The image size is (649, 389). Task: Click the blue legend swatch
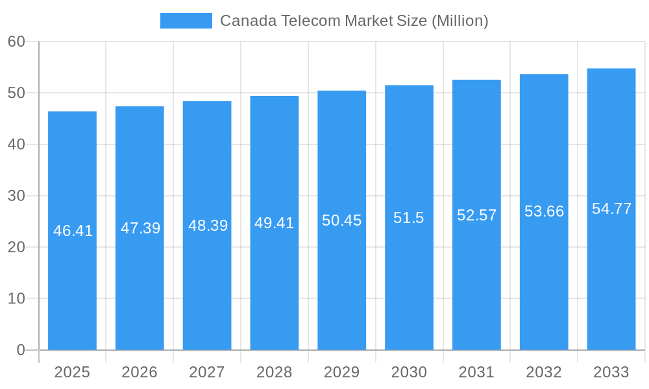click(186, 21)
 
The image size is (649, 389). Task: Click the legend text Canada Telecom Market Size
click(354, 21)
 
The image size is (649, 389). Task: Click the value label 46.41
click(73, 231)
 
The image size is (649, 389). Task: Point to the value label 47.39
click(140, 228)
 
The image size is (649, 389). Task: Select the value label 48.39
click(208, 226)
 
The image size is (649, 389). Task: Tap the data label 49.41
click(274, 223)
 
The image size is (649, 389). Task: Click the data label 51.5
click(409, 218)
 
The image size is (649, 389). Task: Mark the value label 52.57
click(476, 215)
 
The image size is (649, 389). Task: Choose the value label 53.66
click(544, 211)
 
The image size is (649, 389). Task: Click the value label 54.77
click(611, 209)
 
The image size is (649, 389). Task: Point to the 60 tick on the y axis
click(16, 41)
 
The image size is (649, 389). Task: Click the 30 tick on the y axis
click(16, 196)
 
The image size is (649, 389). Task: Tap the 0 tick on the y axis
click(20, 350)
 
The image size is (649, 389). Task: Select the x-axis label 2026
click(140, 372)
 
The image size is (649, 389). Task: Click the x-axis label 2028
click(274, 372)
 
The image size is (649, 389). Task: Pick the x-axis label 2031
click(476, 372)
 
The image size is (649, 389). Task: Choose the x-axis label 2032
click(544, 372)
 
